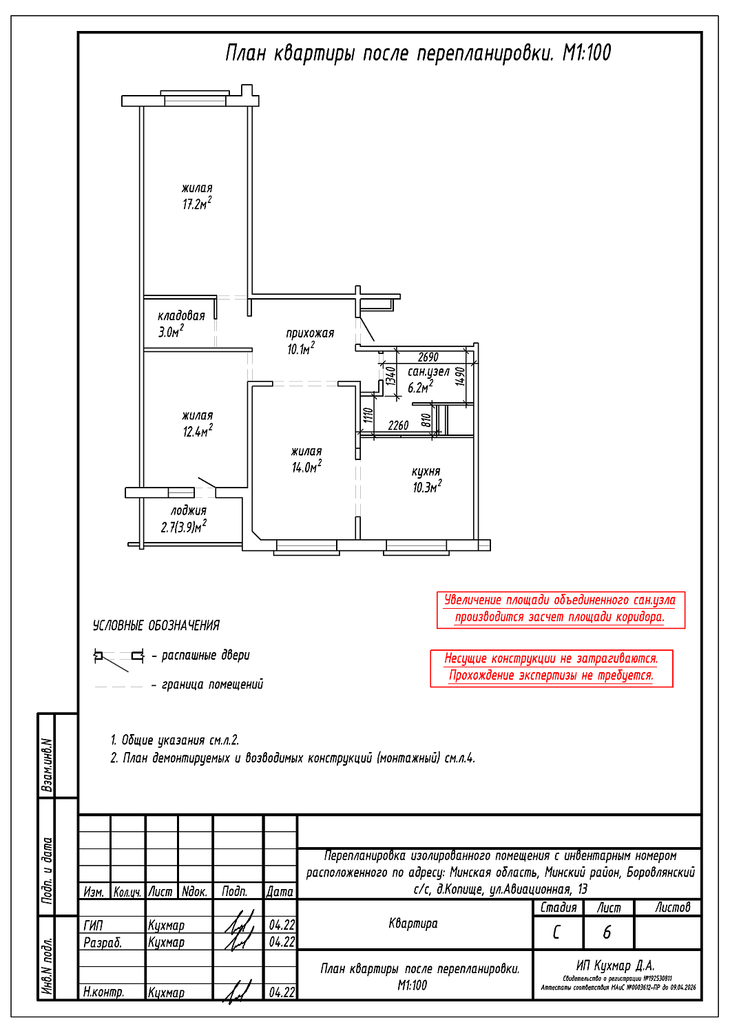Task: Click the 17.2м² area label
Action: [x=197, y=204]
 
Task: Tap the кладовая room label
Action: [x=181, y=316]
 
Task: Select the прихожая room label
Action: [x=310, y=333]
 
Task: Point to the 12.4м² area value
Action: [x=198, y=432]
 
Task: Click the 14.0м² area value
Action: [x=306, y=468]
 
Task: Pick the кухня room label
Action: [x=426, y=472]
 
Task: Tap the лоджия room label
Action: [x=189, y=511]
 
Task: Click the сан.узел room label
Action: [x=428, y=372]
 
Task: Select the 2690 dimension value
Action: [x=428, y=357]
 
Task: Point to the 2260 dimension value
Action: [x=398, y=426]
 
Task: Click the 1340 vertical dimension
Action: [x=390, y=376]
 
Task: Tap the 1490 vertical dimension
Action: [x=461, y=376]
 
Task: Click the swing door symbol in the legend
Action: [x=119, y=658]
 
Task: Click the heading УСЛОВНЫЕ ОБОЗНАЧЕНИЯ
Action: [x=156, y=625]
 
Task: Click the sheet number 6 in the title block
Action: [x=607, y=932]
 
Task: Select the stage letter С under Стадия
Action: [x=556, y=932]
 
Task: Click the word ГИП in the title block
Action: [x=93, y=925]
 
